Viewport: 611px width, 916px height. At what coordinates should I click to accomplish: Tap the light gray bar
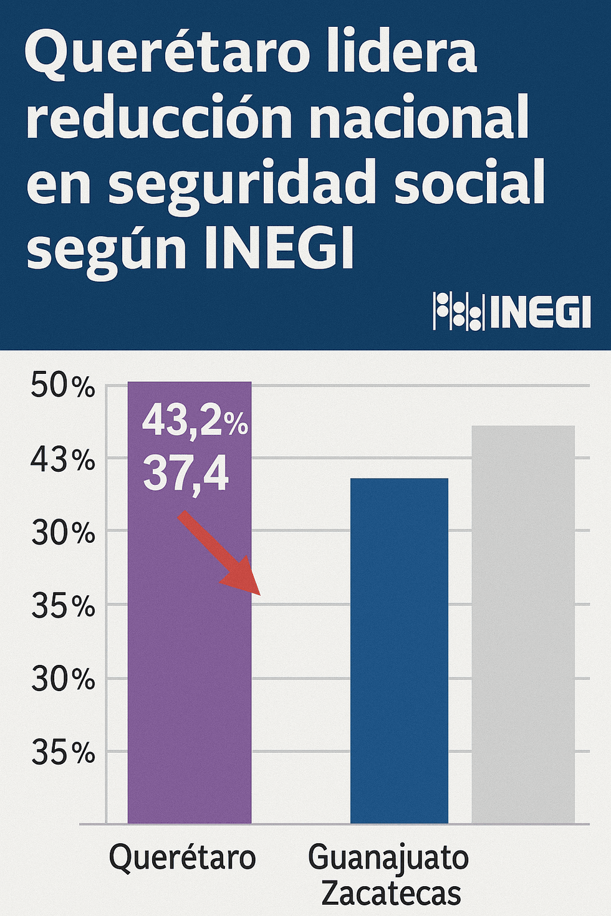[x=523, y=623]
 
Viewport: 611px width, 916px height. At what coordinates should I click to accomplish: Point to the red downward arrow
[x=222, y=555]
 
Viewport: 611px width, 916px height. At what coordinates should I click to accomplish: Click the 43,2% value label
[x=195, y=420]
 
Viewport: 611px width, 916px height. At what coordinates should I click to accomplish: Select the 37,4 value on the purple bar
[x=186, y=474]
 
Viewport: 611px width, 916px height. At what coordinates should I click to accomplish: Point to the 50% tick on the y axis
[x=63, y=387]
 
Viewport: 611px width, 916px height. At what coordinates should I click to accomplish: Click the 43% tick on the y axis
[x=63, y=460]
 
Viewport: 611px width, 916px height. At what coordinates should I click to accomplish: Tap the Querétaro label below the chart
[x=182, y=857]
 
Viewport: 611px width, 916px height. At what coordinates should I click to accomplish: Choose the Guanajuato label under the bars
[x=388, y=857]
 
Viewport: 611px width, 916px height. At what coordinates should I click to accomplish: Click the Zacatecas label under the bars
[x=391, y=894]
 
